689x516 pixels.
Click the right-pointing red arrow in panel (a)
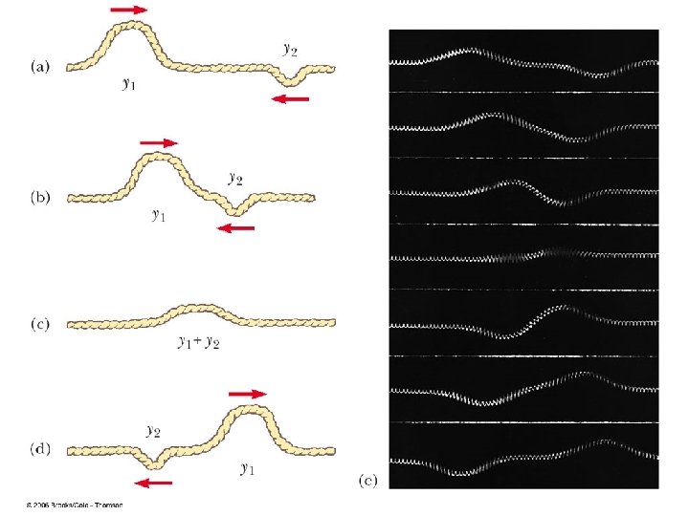pyautogui.click(x=129, y=9)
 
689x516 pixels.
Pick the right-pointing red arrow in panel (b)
pyautogui.click(x=159, y=142)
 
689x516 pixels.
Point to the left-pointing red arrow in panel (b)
pyautogui.click(x=236, y=228)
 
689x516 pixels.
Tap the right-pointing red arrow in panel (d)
pyautogui.click(x=248, y=393)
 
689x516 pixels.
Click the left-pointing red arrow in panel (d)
pyautogui.click(x=155, y=483)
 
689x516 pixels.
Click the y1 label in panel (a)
pyautogui.click(x=126, y=84)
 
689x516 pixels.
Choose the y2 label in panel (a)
pyautogui.click(x=290, y=47)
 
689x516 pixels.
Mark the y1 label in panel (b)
pyautogui.click(x=159, y=215)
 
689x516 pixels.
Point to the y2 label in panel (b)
pyautogui.click(x=235, y=177)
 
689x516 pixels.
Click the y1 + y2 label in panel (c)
pyautogui.click(x=200, y=342)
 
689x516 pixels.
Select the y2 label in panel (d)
pyautogui.click(x=153, y=431)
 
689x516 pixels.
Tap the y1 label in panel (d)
pyautogui.click(x=246, y=469)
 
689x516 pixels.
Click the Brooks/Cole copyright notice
pyautogui.click(x=75, y=505)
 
